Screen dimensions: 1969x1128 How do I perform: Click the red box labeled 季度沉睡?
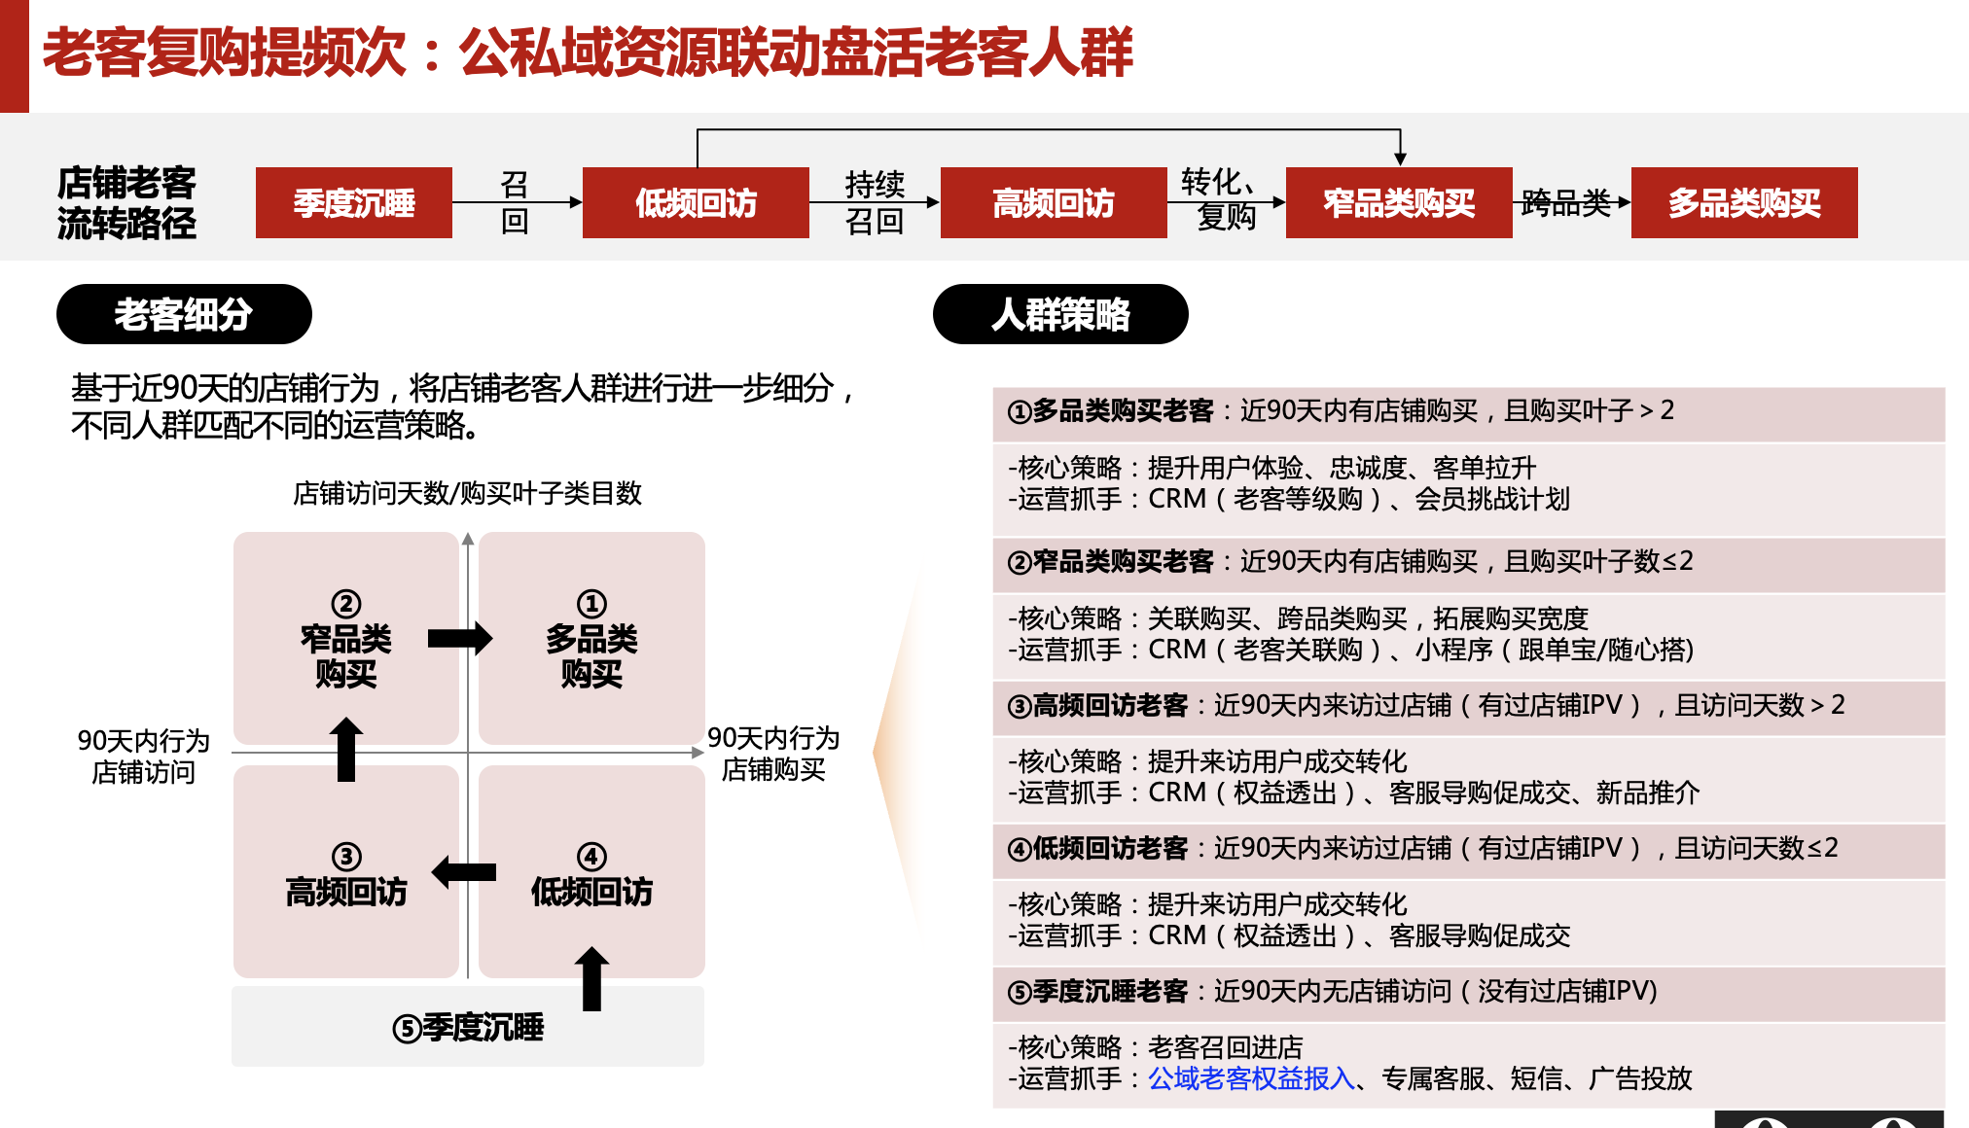(x=353, y=202)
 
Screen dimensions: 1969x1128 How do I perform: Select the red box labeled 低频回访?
(x=696, y=202)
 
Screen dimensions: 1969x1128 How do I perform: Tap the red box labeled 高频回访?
(x=1053, y=202)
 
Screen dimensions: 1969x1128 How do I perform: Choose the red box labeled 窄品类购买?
(x=1398, y=202)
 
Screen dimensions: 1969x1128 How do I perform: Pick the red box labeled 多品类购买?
(x=1743, y=202)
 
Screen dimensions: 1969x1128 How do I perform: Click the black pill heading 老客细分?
(x=184, y=314)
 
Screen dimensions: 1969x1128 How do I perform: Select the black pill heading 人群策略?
(x=1060, y=314)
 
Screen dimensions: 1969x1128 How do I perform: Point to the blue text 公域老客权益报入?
(x=1251, y=1078)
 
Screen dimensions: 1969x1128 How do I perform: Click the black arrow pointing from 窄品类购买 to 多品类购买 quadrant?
(x=460, y=639)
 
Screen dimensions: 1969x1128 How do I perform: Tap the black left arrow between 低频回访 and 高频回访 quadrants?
(x=464, y=871)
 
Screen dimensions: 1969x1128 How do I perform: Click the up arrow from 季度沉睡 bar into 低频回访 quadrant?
(x=591, y=978)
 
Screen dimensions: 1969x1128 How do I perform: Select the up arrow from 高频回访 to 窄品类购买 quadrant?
(x=346, y=749)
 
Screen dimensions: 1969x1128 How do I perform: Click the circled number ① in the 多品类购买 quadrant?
(x=591, y=604)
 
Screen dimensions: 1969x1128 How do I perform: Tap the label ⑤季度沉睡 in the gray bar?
(x=468, y=1028)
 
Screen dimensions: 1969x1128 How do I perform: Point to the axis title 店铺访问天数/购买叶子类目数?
(x=467, y=493)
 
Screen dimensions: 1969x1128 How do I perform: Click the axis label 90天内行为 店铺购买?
(x=773, y=754)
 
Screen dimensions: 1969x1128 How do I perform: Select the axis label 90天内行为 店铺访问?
(x=143, y=757)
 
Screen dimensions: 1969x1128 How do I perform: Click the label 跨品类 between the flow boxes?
(x=1566, y=202)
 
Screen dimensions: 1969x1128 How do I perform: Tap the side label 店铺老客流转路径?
(x=126, y=202)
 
